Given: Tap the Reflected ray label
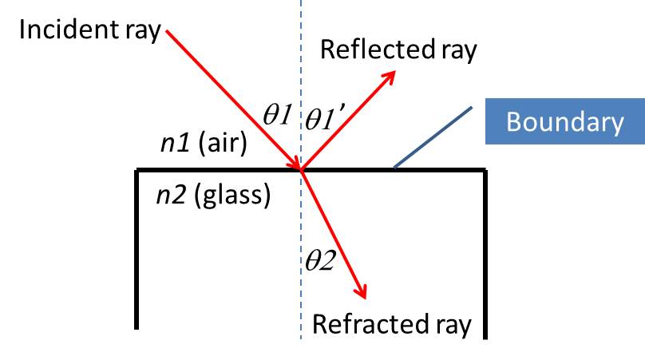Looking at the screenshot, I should [398, 49].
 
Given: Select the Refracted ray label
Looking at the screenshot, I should [392, 324].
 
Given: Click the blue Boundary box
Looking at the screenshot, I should [565, 123].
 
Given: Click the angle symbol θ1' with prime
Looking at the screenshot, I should [329, 120].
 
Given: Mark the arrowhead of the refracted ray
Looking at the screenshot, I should [365, 295].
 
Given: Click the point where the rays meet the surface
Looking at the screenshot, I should [301, 169].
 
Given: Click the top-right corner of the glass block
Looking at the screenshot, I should [484, 170].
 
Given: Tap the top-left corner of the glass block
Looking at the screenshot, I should [138, 170].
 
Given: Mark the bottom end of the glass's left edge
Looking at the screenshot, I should [138, 326].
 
